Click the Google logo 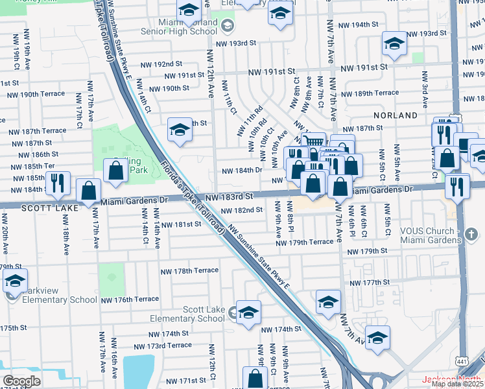21,381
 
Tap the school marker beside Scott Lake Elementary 248,312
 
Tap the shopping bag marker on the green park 115,171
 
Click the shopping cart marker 313,141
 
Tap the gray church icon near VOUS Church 471,233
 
